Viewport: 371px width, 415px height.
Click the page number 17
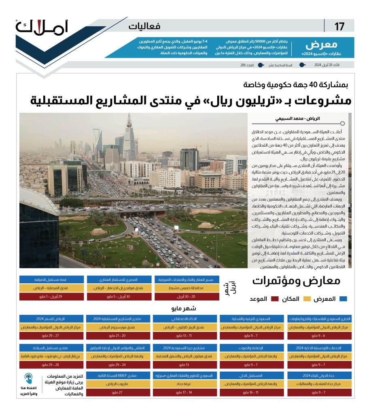coord(339,27)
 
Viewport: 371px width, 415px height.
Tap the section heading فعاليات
coord(144,27)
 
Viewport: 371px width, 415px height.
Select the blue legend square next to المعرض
coord(344,299)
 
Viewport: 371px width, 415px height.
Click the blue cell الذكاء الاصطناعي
coord(186,319)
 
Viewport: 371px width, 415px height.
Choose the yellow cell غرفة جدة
coord(186,383)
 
